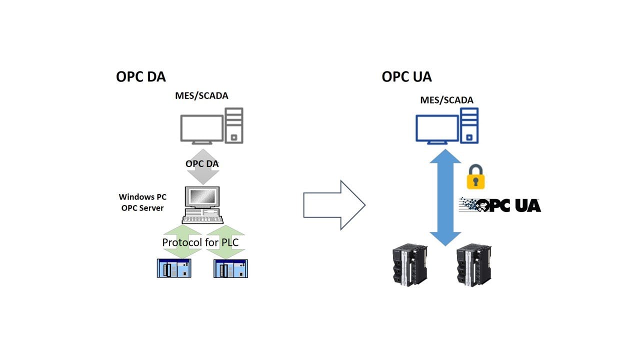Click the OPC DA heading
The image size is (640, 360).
(x=140, y=76)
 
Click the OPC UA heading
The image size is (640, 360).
(x=406, y=76)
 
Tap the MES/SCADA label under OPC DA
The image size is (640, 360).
(x=201, y=95)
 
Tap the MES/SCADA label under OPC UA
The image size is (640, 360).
(x=446, y=100)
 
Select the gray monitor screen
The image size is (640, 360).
(x=202, y=129)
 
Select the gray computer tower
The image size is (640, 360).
(x=234, y=125)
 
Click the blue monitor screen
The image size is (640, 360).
(x=437, y=128)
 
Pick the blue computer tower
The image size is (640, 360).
(x=469, y=125)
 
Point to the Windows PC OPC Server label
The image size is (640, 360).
(x=142, y=202)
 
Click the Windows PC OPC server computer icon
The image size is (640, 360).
(x=202, y=205)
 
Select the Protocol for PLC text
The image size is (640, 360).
(x=200, y=242)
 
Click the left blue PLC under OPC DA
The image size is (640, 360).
(x=174, y=268)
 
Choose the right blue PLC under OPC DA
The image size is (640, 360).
(x=230, y=268)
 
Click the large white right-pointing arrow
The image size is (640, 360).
(x=334, y=205)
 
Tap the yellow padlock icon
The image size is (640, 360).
(x=475, y=176)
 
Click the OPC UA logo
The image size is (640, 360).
(x=500, y=205)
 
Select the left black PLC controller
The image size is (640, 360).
(x=408, y=264)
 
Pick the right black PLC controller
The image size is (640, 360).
(x=473, y=264)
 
